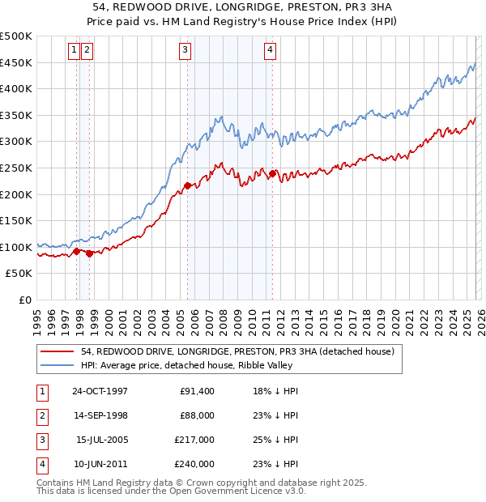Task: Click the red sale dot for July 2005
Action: [187, 185]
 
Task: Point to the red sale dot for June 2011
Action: [272, 173]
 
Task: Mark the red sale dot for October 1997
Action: [77, 251]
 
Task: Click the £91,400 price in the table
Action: [198, 391]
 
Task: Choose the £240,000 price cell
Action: [195, 464]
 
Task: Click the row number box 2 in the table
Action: [41, 415]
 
